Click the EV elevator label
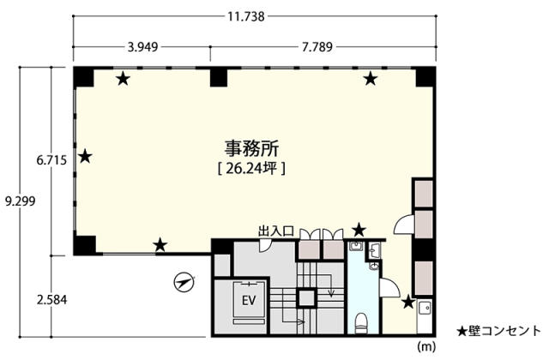coord(249,300)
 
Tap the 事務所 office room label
coord(251,149)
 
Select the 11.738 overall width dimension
coord(246,16)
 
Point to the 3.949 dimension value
coord(142,46)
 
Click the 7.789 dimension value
coord(317,46)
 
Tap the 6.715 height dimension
coord(51,160)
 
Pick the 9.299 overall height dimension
coord(21,201)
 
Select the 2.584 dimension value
coord(51,300)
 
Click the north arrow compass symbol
coord(184,282)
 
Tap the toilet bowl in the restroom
coord(361,322)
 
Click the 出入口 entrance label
coord(275,231)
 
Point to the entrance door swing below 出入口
coord(264,246)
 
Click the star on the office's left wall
coord(85,156)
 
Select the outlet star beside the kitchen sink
coord(408,302)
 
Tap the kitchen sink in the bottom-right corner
coord(425,308)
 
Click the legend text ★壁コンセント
coord(499,330)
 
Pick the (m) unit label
coord(426,346)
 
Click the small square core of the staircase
coord(306,297)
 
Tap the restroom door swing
coord(389,288)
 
